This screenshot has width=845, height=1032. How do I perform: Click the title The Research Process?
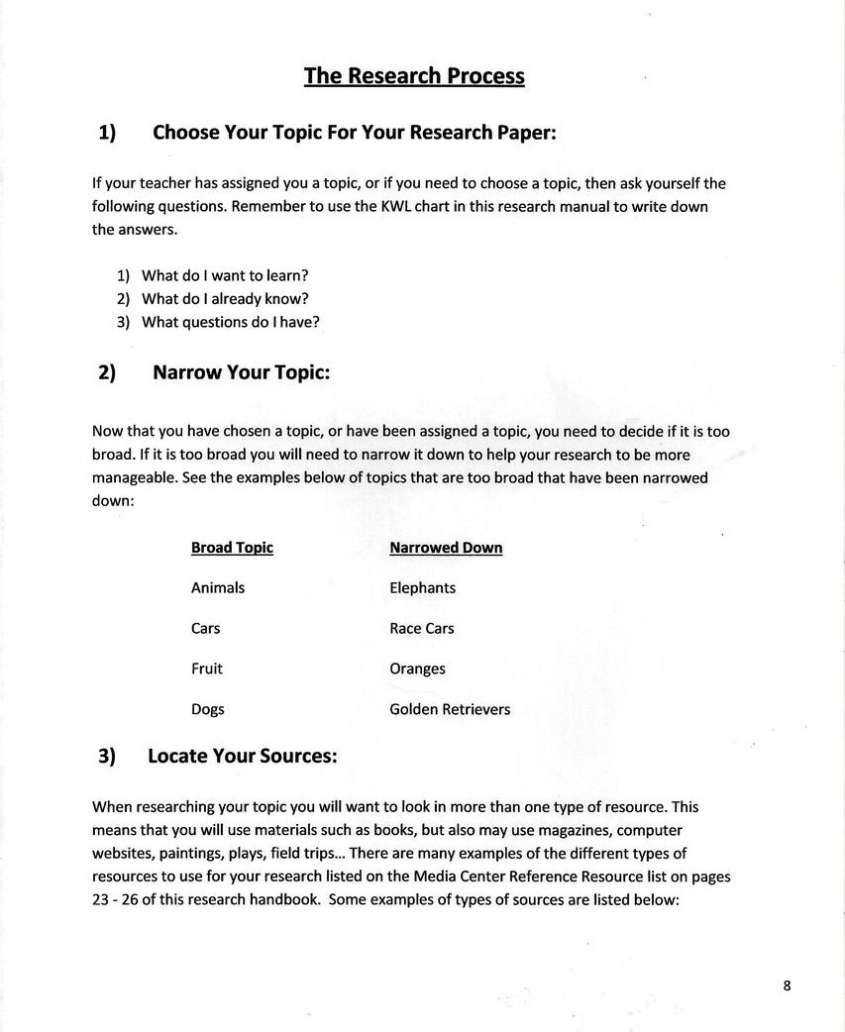tap(414, 76)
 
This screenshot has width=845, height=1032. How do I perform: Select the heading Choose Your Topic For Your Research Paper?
tap(354, 133)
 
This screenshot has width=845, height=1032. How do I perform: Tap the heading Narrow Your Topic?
tap(241, 372)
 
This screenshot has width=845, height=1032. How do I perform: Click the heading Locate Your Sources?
tap(242, 756)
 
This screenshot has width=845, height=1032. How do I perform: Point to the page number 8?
tap(787, 984)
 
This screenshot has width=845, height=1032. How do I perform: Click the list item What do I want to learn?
tap(218, 275)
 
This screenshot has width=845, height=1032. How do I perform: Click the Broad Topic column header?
tap(232, 548)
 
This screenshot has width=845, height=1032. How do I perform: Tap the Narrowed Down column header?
tap(446, 548)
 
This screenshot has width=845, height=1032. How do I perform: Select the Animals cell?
tap(218, 588)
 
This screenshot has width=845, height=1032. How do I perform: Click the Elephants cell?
tap(423, 588)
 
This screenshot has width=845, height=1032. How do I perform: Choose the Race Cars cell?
tap(422, 629)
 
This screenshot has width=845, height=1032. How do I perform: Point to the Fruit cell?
tap(207, 670)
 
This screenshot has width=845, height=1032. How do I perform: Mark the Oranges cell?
tap(417, 670)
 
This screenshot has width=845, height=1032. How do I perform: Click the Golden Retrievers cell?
tap(450, 709)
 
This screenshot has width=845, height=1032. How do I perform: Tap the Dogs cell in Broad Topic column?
tap(208, 709)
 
